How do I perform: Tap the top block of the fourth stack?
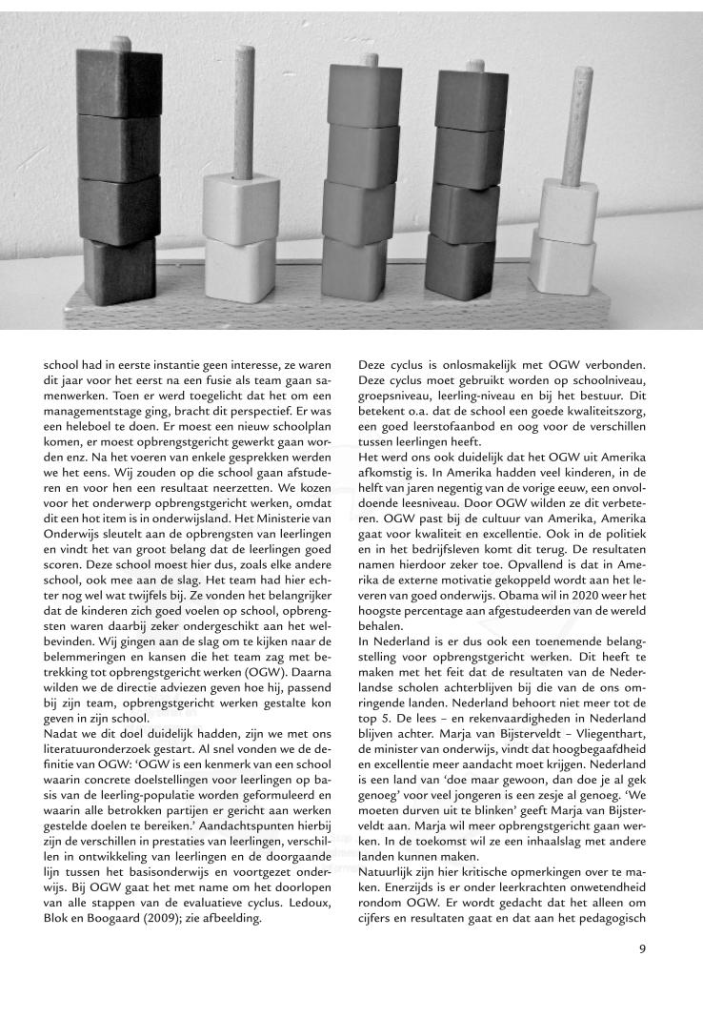point(471,95)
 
